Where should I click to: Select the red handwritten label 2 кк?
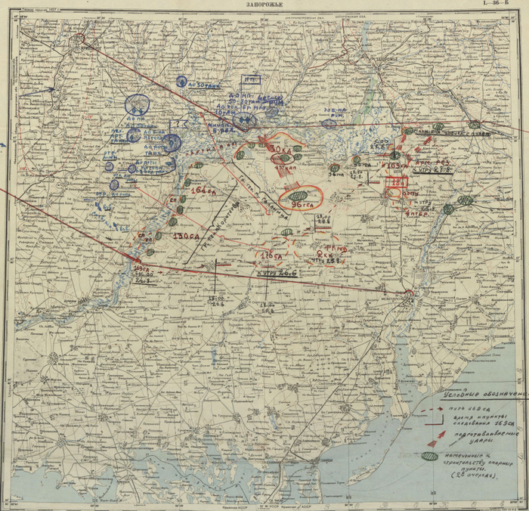pos(327,255)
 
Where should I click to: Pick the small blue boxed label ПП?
pos(250,78)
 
